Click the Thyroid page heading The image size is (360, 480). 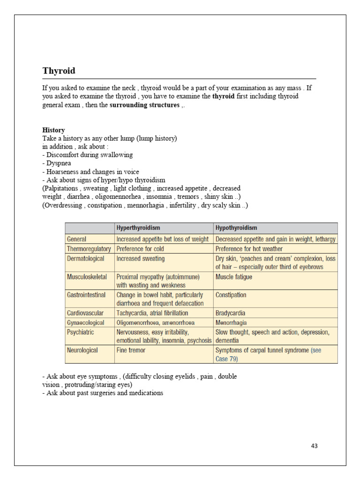click(x=59, y=71)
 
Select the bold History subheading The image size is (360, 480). click(x=53, y=130)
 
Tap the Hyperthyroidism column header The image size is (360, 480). click(x=138, y=228)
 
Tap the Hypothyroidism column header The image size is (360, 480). click(x=236, y=228)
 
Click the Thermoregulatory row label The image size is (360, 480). click(x=89, y=249)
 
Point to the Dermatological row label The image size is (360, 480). click(x=86, y=258)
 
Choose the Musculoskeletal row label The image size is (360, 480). click(x=87, y=277)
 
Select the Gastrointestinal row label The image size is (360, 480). click(x=86, y=295)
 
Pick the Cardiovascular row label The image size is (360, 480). click(x=85, y=313)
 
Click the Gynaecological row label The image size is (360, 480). click(x=87, y=322)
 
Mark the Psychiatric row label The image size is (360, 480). click(x=81, y=332)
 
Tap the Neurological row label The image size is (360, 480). click(x=82, y=350)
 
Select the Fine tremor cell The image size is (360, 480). click(x=131, y=350)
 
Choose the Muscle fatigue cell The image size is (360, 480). click(x=233, y=277)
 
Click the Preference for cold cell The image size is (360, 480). click(x=140, y=249)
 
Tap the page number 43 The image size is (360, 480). click(x=314, y=446)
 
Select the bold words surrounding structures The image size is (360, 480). click(x=144, y=105)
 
